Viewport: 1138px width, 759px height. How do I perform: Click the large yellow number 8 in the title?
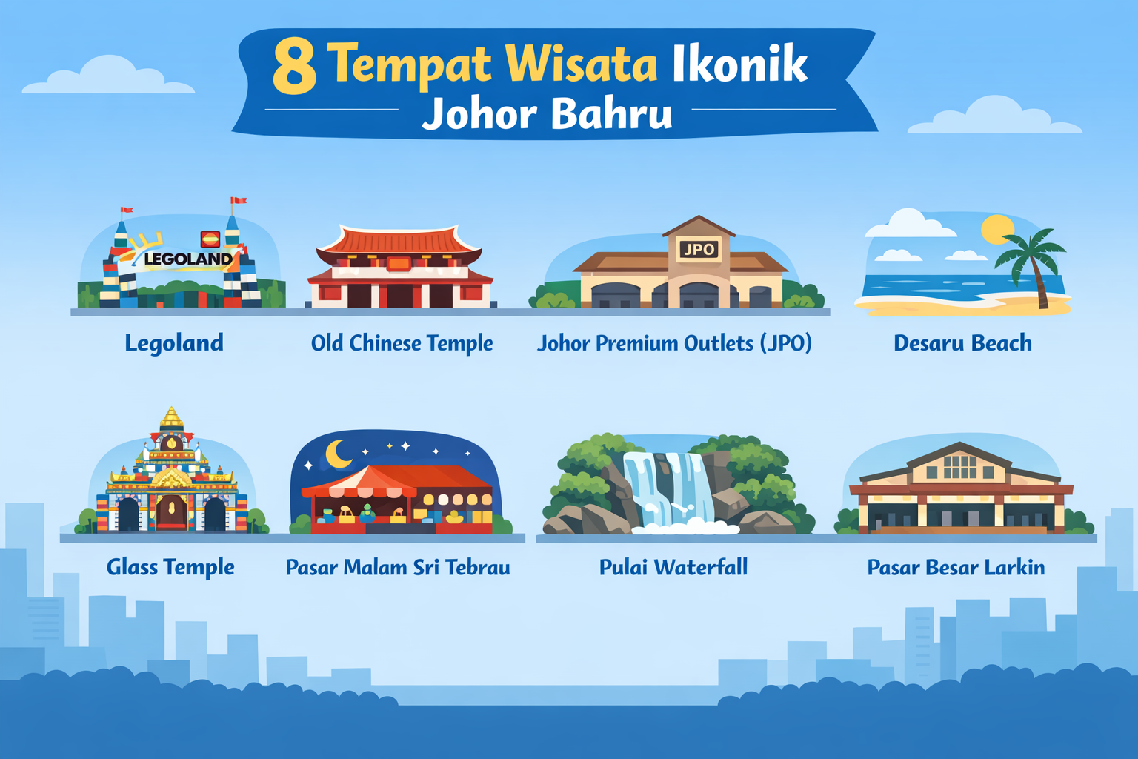pos(294,67)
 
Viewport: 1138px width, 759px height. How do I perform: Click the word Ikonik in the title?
pos(739,64)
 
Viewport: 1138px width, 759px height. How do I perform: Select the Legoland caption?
pos(174,342)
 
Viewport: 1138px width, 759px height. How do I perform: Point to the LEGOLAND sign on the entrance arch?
pos(188,259)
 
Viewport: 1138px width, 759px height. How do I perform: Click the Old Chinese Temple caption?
pos(402,343)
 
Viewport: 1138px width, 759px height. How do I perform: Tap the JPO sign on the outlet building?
pos(698,250)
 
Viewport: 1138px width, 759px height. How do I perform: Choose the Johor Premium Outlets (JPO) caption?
pos(674,343)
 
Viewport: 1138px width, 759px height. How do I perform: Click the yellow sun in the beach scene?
pos(996,229)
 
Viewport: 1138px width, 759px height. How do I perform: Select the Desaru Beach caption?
pos(962,343)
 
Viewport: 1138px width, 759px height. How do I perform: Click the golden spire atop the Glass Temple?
pos(171,418)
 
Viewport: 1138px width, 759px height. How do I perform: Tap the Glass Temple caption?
pos(170,567)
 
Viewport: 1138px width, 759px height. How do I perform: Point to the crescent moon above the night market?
pos(339,454)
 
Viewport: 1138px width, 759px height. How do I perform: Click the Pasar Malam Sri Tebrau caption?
pos(398,568)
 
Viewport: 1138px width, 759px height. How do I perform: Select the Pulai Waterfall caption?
pos(673,568)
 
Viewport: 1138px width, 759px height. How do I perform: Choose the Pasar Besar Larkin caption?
pos(956,568)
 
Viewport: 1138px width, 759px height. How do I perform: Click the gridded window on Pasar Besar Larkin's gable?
pos(959,467)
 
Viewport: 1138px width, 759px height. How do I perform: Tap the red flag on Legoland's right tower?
pos(239,200)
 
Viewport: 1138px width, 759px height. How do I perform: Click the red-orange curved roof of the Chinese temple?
pos(399,241)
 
